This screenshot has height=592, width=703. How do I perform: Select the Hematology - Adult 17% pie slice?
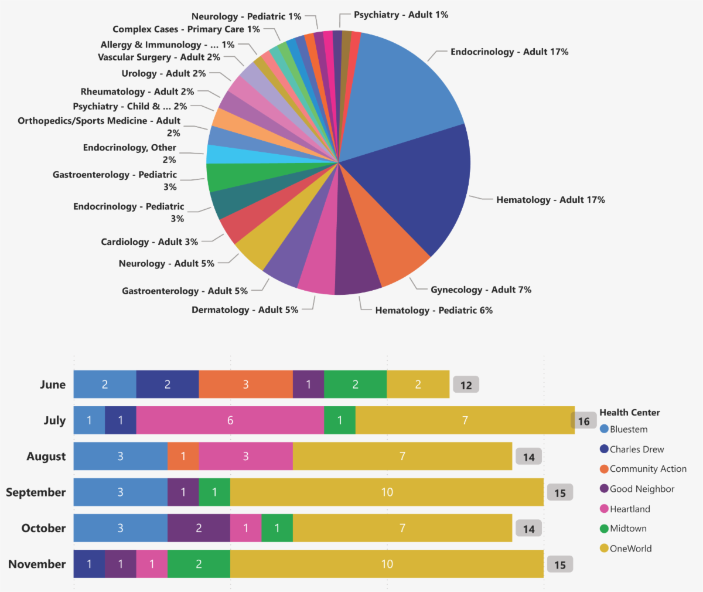point(416,188)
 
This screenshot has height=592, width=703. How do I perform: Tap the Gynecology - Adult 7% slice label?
point(481,290)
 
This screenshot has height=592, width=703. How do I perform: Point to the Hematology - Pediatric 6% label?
point(434,310)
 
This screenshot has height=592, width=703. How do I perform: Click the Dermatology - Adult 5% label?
point(245,309)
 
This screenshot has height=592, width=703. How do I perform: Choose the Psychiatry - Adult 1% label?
point(401,15)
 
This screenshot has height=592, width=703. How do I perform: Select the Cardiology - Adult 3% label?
point(149,241)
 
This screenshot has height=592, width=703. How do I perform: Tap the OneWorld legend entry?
point(630,549)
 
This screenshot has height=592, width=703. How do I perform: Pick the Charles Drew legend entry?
point(636,449)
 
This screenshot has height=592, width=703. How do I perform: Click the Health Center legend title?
point(629,413)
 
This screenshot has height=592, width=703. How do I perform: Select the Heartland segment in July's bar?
point(230,420)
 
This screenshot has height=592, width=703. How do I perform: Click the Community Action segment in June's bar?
point(245,385)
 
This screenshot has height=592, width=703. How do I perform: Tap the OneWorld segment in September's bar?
point(387,492)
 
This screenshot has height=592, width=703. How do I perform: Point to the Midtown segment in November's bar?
point(199,564)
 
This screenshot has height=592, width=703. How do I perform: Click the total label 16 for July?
point(583,421)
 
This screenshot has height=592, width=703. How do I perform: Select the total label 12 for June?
point(466,385)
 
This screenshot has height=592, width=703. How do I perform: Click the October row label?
point(43,528)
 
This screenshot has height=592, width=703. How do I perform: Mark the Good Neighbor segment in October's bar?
point(199,528)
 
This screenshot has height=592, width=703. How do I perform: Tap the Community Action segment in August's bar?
point(183,457)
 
